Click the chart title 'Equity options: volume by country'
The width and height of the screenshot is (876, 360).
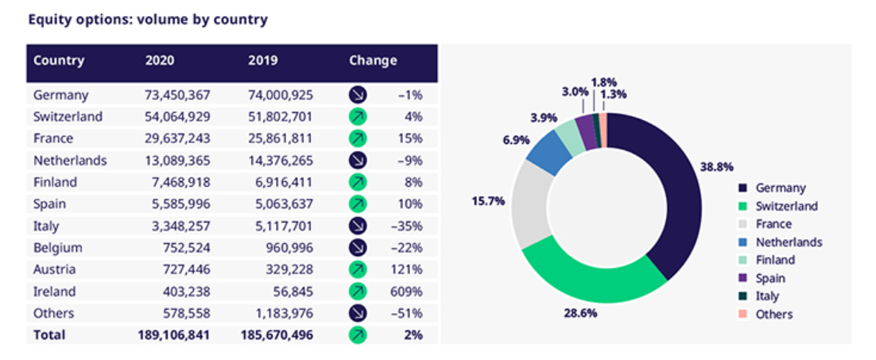tap(148, 19)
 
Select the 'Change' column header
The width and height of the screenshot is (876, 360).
tap(372, 60)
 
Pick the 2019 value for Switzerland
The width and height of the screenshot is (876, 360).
tap(280, 117)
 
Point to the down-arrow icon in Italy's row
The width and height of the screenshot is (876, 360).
tap(358, 226)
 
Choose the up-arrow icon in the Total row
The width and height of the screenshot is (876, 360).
tap(358, 335)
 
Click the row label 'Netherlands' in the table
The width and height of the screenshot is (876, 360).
tap(70, 161)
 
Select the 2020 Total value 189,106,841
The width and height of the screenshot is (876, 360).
tap(173, 335)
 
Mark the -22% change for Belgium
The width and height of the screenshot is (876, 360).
tap(410, 247)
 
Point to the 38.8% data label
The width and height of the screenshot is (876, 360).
tap(715, 168)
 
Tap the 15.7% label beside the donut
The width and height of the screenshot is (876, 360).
tap(488, 201)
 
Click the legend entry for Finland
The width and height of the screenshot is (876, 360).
tap(775, 260)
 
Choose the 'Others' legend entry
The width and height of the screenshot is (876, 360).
tap(773, 314)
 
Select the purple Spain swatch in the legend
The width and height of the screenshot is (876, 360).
tap(742, 278)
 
